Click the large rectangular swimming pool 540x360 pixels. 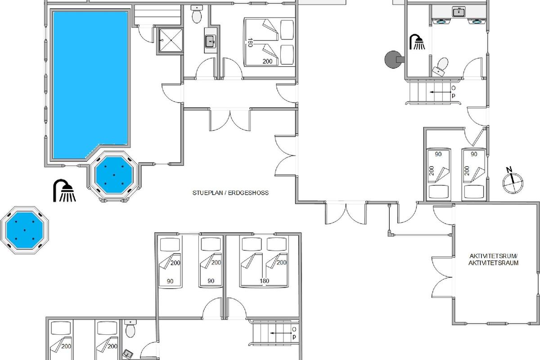click(x=90, y=85)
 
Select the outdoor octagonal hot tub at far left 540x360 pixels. click(x=25, y=230)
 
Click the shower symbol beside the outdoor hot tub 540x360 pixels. click(x=64, y=190)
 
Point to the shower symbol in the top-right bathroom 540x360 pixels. click(x=417, y=42)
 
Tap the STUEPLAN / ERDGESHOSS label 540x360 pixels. click(x=230, y=193)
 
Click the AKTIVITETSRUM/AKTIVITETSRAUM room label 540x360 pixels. click(x=494, y=260)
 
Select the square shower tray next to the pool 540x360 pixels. click(x=171, y=40)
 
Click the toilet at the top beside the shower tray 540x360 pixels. click(x=197, y=14)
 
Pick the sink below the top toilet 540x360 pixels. click(x=211, y=41)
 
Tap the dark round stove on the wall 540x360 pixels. click(x=393, y=59)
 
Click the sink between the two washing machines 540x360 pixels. click(x=459, y=12)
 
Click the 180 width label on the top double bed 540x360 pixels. click(x=250, y=43)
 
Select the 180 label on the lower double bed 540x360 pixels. click(x=264, y=281)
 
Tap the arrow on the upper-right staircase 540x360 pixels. click(x=441, y=92)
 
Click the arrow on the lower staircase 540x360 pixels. click(x=281, y=333)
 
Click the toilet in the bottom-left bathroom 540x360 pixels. click(x=130, y=328)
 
